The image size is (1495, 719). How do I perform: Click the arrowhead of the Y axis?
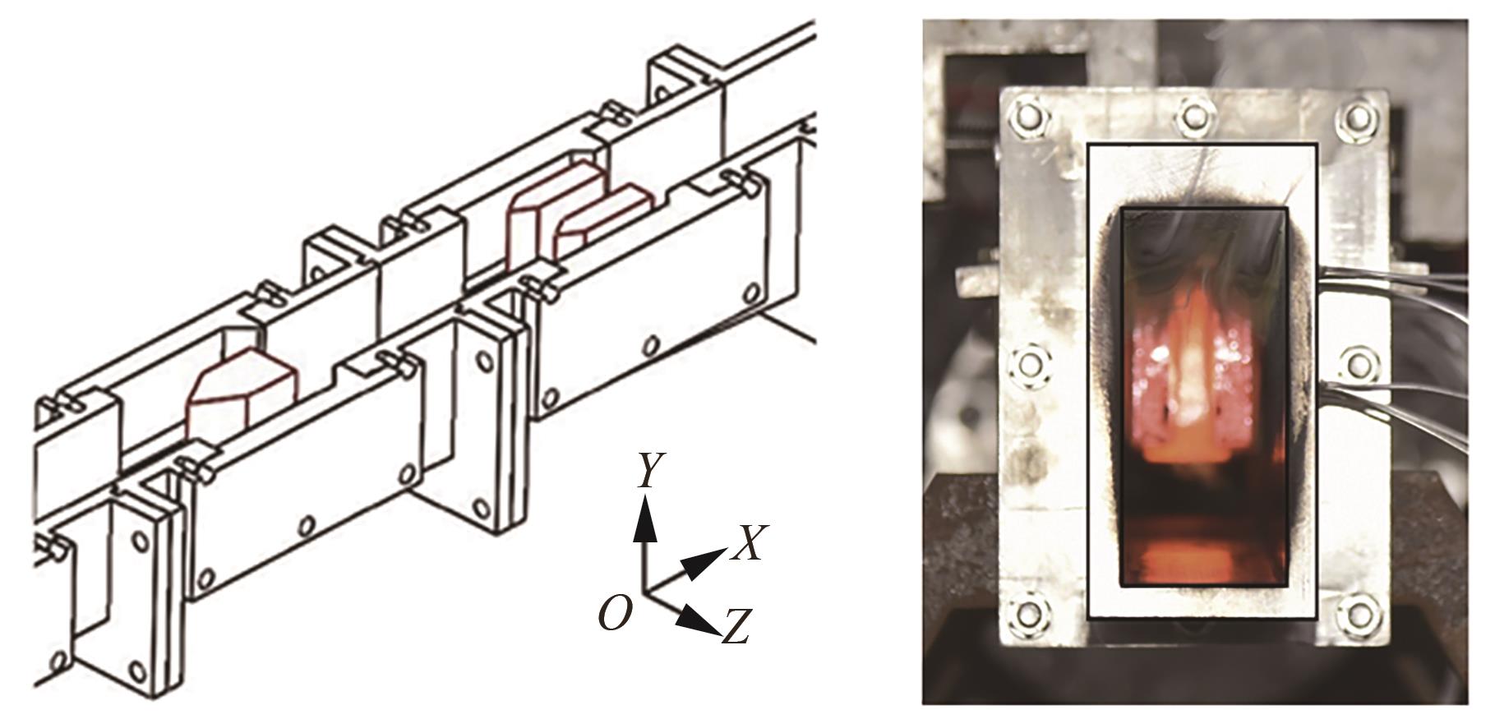point(646,521)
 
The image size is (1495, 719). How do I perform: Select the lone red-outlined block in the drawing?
point(241,394)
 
